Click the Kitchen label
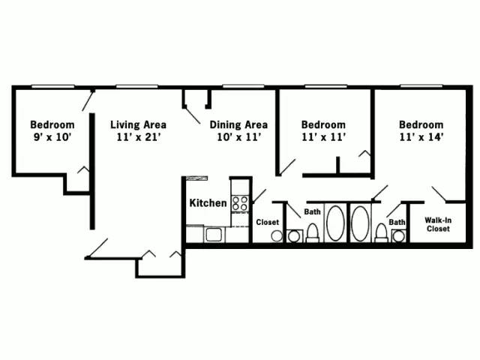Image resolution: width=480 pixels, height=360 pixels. click(208, 202)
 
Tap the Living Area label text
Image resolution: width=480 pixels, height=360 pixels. click(138, 124)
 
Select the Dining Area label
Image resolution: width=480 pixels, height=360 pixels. click(238, 124)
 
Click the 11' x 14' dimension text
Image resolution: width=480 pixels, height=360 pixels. click(421, 137)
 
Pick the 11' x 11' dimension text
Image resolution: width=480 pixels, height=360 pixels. click(323, 137)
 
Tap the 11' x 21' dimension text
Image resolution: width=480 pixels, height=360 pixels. click(138, 137)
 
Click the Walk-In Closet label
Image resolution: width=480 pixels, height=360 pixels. click(437, 224)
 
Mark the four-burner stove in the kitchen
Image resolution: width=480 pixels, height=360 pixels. click(240, 202)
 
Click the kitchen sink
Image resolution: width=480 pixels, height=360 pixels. click(213, 235)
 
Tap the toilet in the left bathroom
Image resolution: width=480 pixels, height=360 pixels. click(312, 233)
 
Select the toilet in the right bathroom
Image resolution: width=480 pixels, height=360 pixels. click(382, 233)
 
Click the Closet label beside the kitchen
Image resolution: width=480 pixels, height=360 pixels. click(268, 222)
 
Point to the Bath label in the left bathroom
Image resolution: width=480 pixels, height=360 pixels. click(313, 212)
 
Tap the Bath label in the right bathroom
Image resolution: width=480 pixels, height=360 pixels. click(397, 222)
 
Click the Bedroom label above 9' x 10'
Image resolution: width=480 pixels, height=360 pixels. click(52, 124)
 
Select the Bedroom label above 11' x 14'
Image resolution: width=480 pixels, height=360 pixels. click(421, 124)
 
